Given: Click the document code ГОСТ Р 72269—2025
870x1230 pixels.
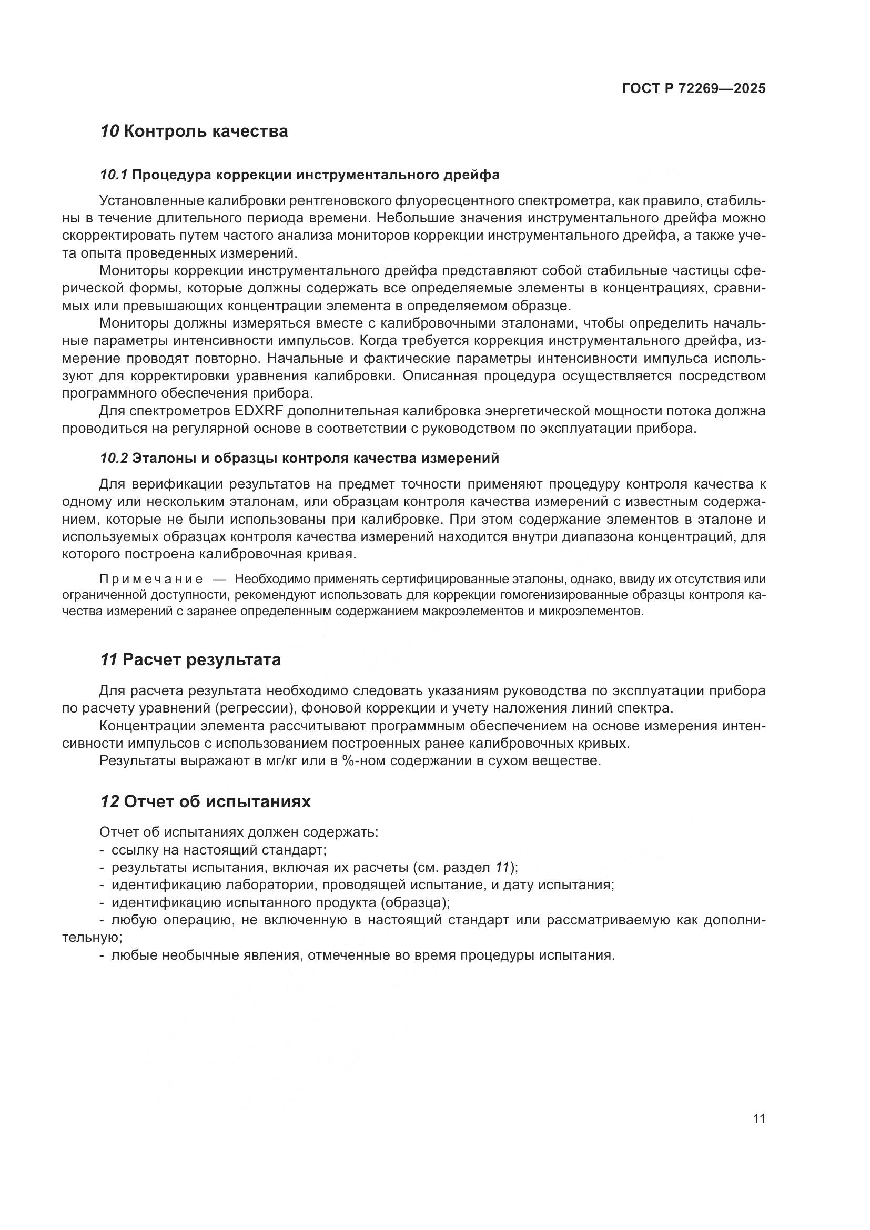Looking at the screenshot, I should click(x=694, y=88).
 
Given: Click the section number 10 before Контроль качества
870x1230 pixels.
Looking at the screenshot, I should click(x=110, y=131).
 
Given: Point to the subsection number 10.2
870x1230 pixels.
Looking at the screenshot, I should click(x=114, y=459).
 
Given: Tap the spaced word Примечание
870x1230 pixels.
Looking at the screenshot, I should click(x=151, y=579).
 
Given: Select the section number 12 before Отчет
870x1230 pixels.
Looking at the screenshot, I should click(x=109, y=802).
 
